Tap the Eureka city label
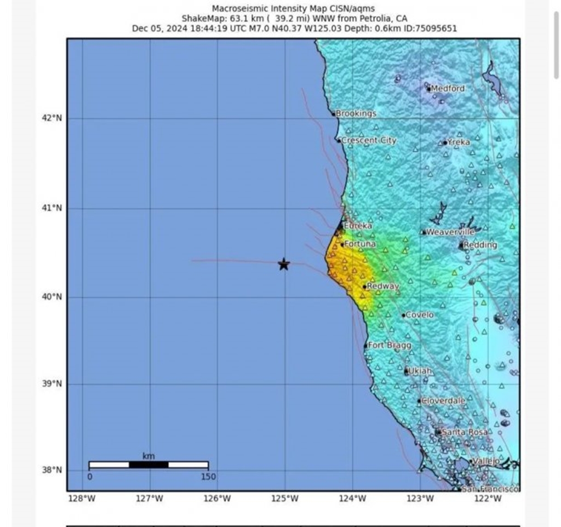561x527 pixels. coord(358,226)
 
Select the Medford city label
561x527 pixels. coord(448,89)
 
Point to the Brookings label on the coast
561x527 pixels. coord(356,114)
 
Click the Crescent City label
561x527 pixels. coord(369,141)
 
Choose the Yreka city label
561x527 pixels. coord(459,142)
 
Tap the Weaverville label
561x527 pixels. coord(450,232)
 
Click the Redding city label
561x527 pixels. coord(480,245)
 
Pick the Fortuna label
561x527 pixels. coord(360,244)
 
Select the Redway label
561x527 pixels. coord(382,287)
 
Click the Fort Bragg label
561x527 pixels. coord(389,346)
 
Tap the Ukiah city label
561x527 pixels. coord(420,371)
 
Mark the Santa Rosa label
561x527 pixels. coord(464,433)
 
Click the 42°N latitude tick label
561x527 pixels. coord(53,118)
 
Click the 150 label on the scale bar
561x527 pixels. coord(208,477)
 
